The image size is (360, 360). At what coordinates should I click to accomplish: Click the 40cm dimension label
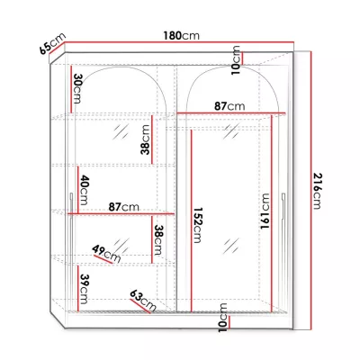pyautogui.click(x=84, y=189)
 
